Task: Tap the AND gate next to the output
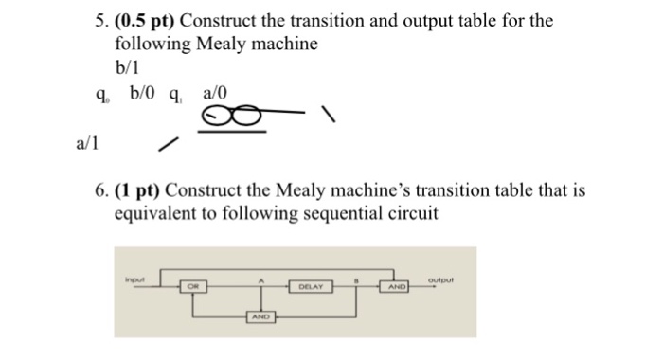[396, 285]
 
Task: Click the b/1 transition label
[129, 66]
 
